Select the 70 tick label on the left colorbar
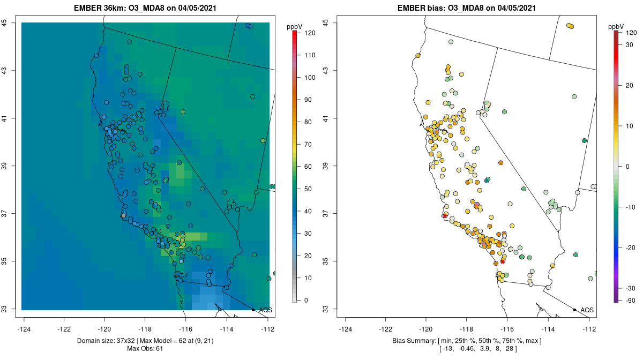click(x=309, y=145)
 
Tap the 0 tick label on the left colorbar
click(x=306, y=300)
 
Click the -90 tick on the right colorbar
click(x=630, y=300)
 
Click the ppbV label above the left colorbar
click(x=294, y=26)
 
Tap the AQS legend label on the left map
click(x=265, y=310)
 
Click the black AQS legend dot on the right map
click(x=574, y=310)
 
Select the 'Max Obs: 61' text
click(x=145, y=349)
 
